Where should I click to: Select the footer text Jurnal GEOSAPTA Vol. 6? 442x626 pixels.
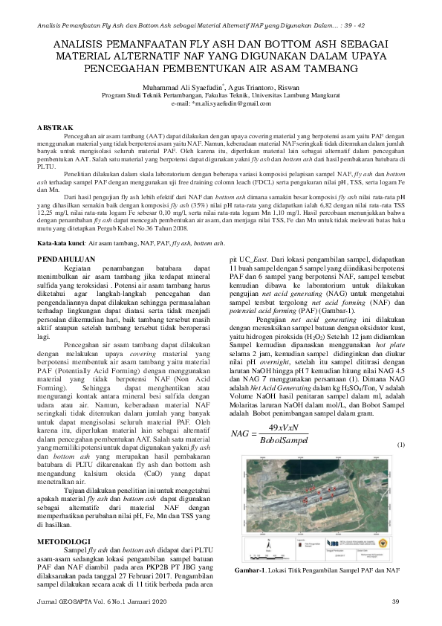(x=77, y=601)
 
